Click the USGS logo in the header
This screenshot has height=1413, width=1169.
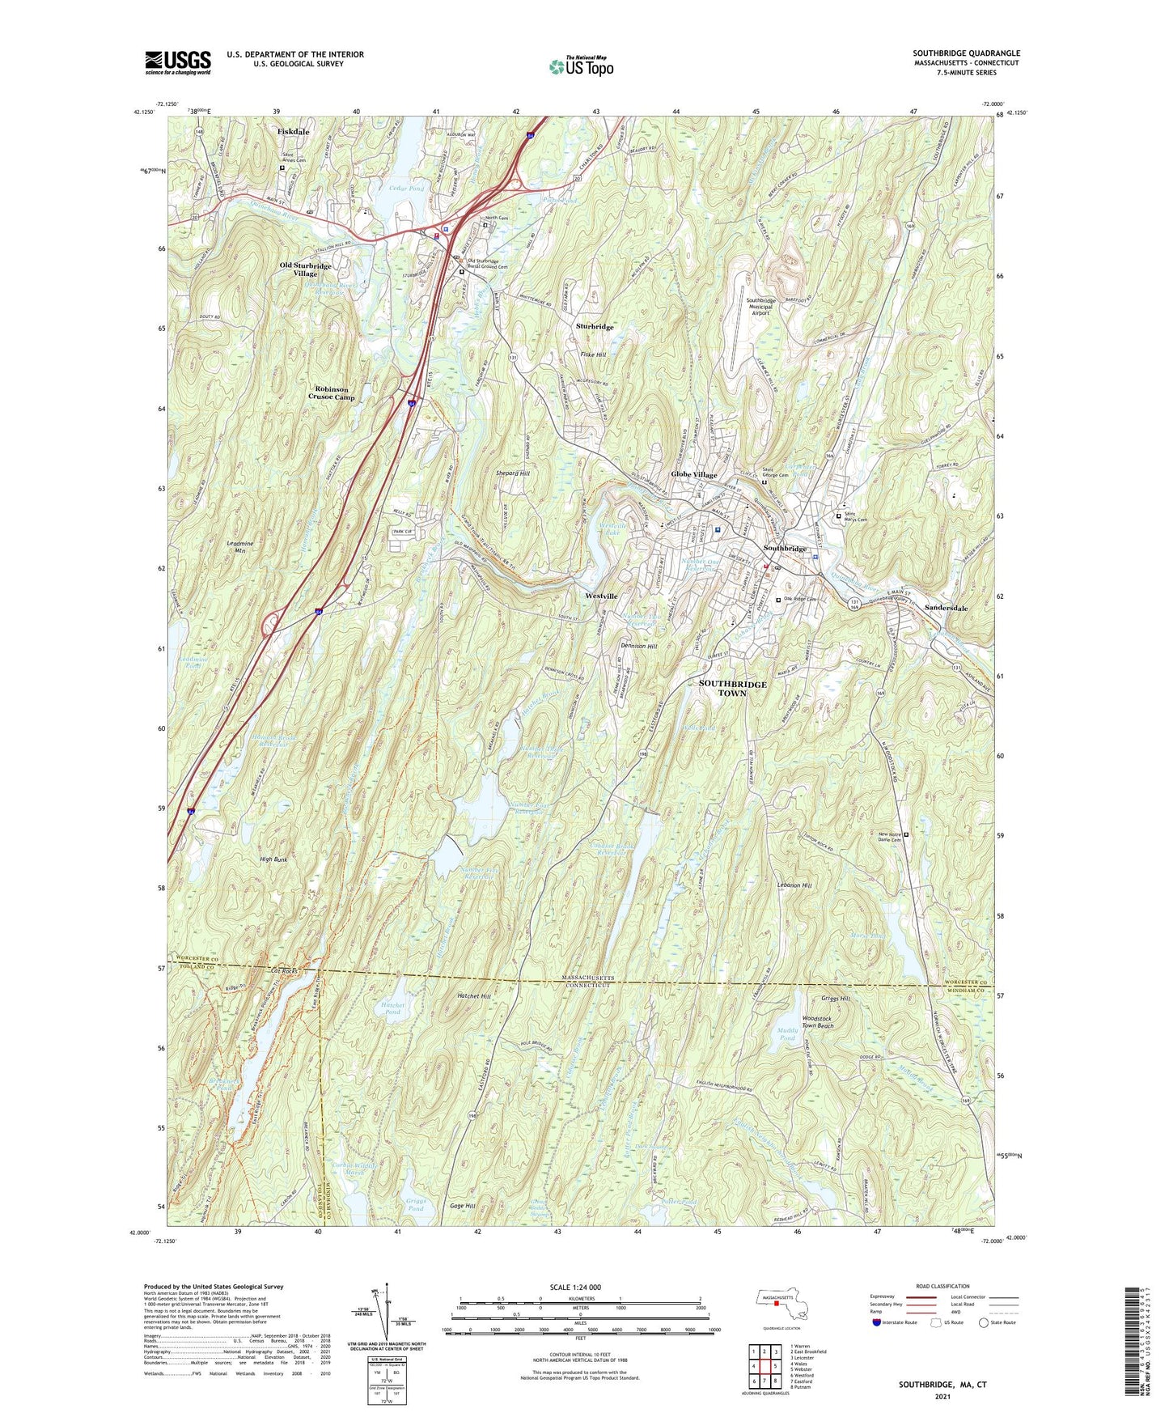tap(178, 62)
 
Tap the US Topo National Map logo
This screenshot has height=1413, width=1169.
tap(581, 66)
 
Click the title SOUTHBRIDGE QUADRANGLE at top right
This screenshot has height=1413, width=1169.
tap(967, 53)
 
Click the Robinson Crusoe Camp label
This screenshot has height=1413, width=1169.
tap(331, 393)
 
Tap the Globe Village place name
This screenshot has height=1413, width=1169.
tap(694, 475)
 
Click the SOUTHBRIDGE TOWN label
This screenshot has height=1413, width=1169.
tap(732, 689)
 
